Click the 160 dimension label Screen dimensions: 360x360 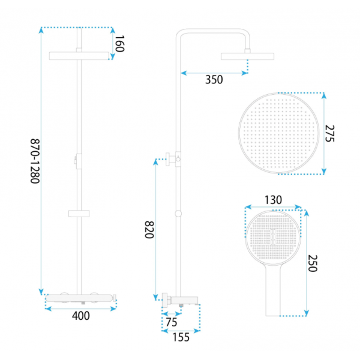(x=119, y=44)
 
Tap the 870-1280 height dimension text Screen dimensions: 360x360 (x=35, y=161)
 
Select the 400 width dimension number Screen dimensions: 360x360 (x=81, y=316)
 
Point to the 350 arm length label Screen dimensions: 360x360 (x=214, y=80)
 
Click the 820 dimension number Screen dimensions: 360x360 (x=149, y=230)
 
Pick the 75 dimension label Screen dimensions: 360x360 (x=172, y=322)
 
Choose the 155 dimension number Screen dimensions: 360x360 (x=181, y=337)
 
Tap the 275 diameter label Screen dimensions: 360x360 (x=329, y=133)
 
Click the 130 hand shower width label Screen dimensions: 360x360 (x=273, y=200)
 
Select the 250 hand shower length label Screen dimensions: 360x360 (x=313, y=263)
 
